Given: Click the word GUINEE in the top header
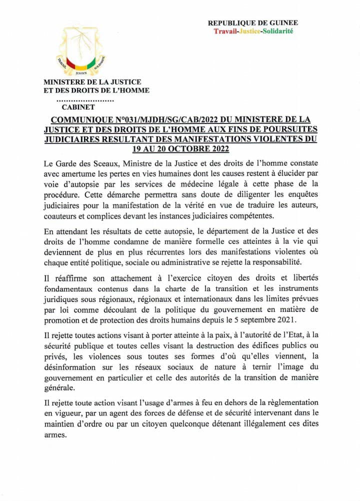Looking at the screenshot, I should [283, 23].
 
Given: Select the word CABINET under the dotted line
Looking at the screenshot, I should [78, 106].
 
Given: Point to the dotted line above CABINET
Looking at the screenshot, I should [83, 99].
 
